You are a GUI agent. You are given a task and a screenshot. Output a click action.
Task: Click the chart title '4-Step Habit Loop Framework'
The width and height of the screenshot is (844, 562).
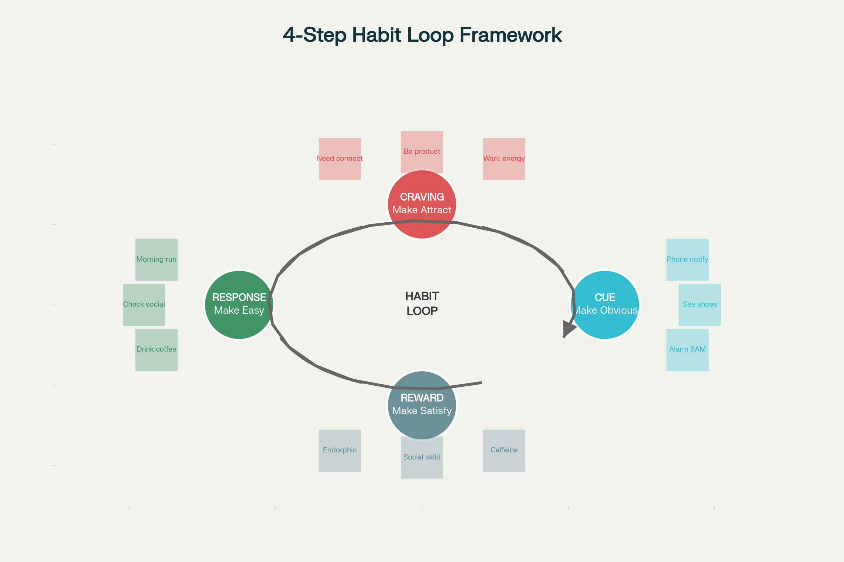(x=422, y=35)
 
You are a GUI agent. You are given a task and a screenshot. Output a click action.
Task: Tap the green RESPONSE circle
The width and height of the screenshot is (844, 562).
(x=239, y=305)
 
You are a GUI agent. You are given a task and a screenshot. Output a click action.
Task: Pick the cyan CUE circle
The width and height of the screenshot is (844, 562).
(x=605, y=305)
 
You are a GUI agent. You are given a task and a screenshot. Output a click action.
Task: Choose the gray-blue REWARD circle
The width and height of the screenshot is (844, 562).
(x=422, y=405)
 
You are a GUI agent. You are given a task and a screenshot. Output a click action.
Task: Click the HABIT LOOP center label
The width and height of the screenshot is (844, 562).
(x=422, y=303)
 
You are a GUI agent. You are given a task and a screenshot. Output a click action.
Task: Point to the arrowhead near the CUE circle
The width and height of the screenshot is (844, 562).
(x=568, y=328)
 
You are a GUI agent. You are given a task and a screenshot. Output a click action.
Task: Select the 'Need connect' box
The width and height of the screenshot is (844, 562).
(x=339, y=159)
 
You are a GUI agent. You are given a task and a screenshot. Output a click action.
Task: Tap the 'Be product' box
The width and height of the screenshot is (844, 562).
(x=422, y=152)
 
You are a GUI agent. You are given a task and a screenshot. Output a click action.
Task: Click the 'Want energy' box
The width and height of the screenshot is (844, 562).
(x=504, y=159)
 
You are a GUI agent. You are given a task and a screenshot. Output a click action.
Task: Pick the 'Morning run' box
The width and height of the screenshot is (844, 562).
(x=156, y=260)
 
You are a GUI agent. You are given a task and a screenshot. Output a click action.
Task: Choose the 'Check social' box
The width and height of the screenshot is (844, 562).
(x=144, y=305)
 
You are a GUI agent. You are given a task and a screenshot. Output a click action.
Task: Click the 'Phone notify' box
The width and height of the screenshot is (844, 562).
(x=687, y=260)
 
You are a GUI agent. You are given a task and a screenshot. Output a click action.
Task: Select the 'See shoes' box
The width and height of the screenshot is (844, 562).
(x=700, y=305)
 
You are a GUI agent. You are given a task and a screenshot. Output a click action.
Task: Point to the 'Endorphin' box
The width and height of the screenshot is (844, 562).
(x=339, y=451)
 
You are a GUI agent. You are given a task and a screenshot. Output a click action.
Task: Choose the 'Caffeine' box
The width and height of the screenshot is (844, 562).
(x=504, y=451)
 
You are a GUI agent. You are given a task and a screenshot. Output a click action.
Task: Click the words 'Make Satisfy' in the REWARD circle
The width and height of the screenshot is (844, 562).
(x=422, y=411)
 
